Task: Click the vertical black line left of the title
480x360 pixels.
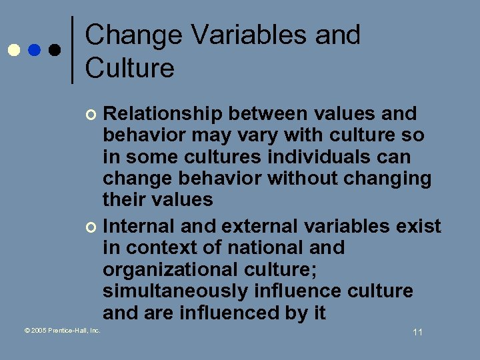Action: tap(72, 50)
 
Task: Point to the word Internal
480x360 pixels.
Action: tap(139, 227)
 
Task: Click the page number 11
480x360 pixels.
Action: tap(417, 332)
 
